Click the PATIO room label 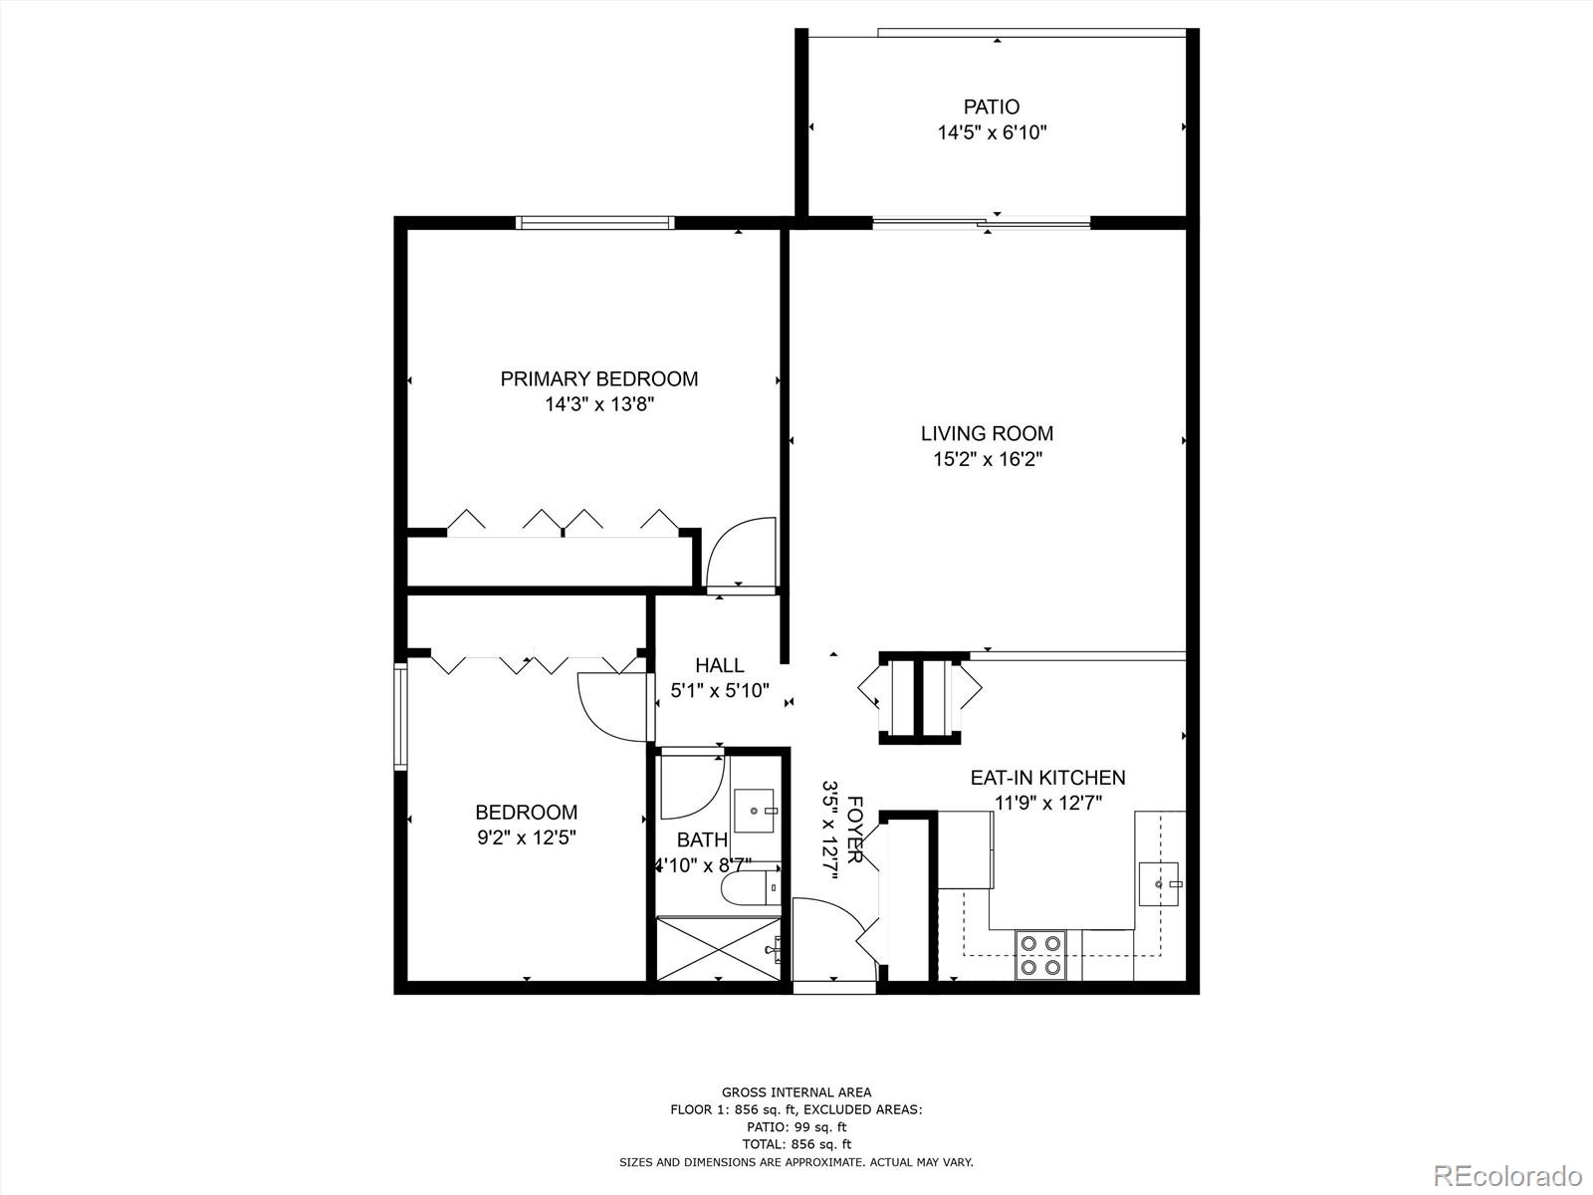point(991,107)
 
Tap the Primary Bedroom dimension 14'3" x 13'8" point(598,404)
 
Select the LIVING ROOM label point(986,433)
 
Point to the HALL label point(719,665)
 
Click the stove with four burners point(1040,954)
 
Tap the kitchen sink point(1158,883)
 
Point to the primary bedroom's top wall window point(595,222)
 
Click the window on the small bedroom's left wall point(400,716)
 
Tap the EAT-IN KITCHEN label point(1047,778)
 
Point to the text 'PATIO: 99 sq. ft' point(796,1126)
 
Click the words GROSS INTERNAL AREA point(796,1092)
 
